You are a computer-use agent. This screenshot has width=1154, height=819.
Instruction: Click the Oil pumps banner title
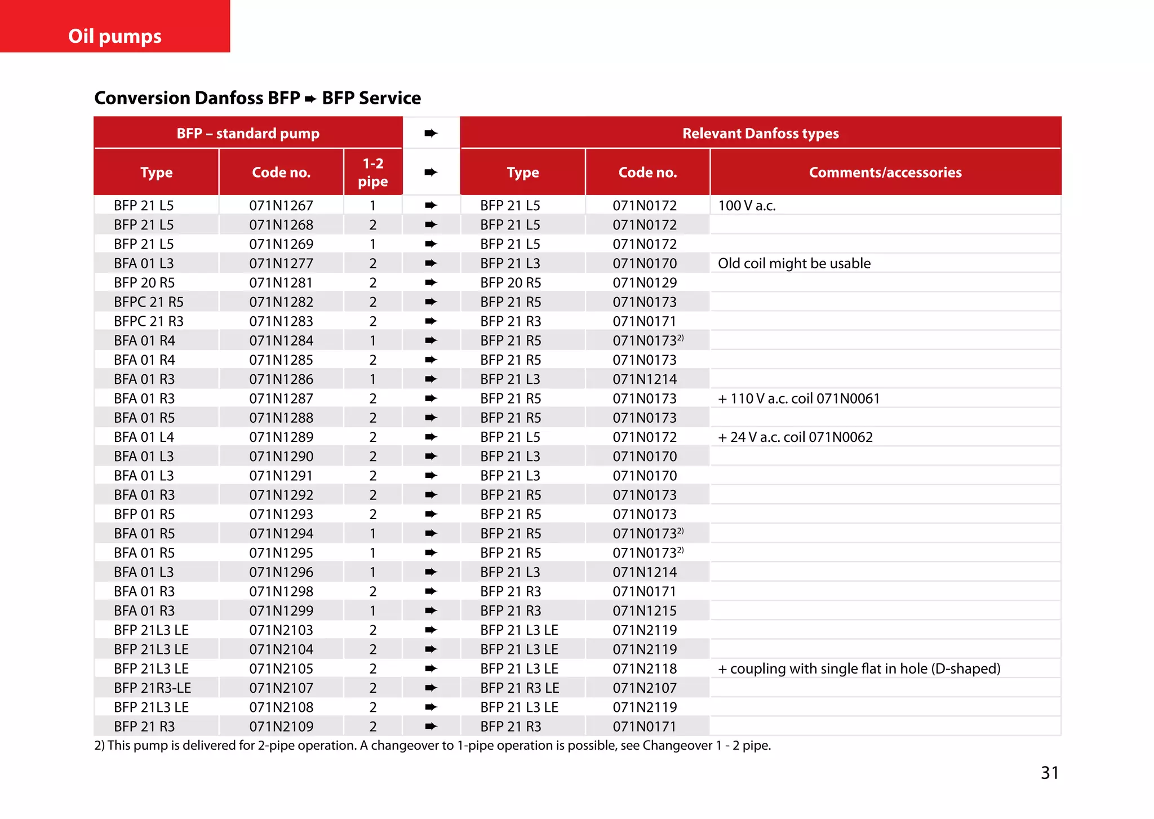coord(115,36)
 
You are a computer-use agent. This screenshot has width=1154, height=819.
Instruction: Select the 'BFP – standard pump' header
coord(248,134)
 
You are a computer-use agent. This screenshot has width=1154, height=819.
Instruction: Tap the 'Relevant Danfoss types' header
coord(760,134)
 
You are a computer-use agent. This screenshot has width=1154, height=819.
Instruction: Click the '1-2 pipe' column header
coord(372,172)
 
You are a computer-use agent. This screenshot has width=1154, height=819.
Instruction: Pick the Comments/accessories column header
coord(885,172)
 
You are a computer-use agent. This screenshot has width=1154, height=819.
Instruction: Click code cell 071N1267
coord(281,206)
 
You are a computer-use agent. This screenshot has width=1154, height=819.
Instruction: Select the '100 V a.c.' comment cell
coord(747,206)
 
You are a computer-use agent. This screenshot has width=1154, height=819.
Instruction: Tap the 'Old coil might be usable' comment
coord(794,263)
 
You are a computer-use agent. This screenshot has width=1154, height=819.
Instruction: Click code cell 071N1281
coord(281,283)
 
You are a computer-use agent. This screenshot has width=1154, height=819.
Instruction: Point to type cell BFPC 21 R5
coord(149,302)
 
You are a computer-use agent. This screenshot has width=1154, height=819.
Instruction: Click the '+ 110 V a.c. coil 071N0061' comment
coord(798,399)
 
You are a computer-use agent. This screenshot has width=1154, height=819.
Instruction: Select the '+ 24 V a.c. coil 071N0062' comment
coord(795,437)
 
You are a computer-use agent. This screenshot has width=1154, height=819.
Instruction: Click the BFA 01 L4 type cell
coord(144,437)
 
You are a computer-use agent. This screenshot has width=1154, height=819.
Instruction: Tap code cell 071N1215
coord(645,610)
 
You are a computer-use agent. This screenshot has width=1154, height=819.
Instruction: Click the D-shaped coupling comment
coord(859,669)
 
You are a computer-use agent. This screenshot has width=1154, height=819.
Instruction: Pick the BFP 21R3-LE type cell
coord(153,688)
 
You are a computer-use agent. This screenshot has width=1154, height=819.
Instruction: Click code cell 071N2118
coord(645,669)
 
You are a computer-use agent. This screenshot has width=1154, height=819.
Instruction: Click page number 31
coord(1049,772)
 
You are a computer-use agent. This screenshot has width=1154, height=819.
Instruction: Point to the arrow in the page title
coord(310,99)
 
